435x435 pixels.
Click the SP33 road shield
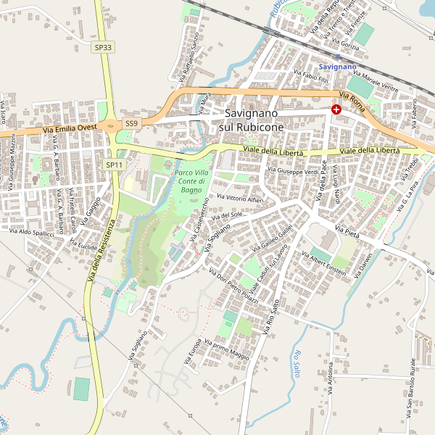tap(104, 47)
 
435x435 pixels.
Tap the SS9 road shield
tap(131, 123)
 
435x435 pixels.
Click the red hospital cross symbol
tap(336, 109)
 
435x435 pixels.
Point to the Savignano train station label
tap(338, 67)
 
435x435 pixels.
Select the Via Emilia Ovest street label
tap(70, 128)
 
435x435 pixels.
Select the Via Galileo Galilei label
tap(272, 239)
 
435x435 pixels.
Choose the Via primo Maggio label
tap(227, 351)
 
